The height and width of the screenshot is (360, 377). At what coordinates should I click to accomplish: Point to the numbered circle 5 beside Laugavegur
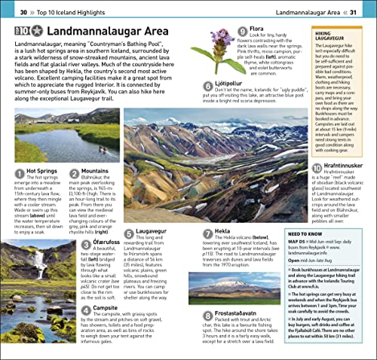[129, 235]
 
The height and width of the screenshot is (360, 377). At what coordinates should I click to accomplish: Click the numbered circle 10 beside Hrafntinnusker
[317, 167]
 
